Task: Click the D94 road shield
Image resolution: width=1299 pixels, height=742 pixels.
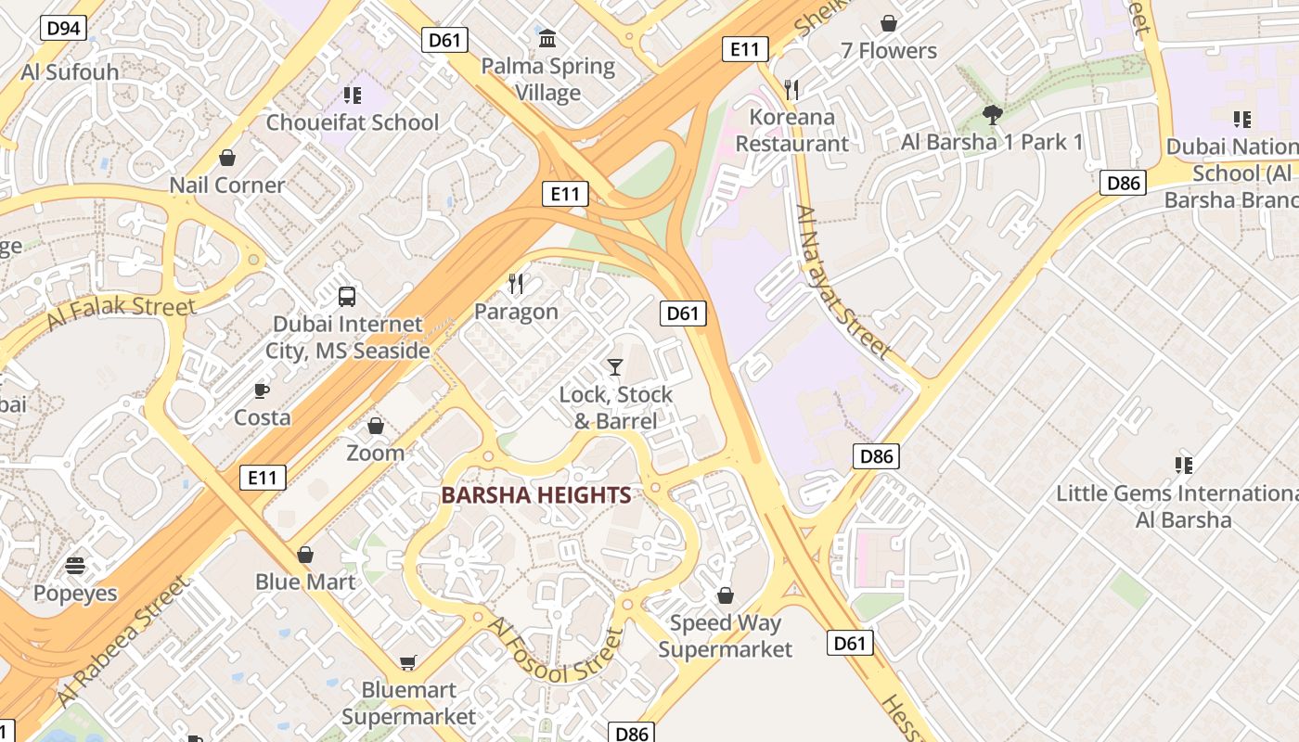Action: coord(63,28)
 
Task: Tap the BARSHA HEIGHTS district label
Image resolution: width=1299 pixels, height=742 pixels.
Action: coord(536,495)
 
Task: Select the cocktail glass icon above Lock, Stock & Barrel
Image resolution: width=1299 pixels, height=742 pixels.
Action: coord(614,367)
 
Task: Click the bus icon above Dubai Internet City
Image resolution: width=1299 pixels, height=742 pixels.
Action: coord(347,297)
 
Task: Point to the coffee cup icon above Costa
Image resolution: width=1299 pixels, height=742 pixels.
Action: coord(262,390)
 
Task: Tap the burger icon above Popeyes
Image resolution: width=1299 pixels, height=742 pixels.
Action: coord(75,566)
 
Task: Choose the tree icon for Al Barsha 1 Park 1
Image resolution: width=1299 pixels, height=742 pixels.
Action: coord(992,115)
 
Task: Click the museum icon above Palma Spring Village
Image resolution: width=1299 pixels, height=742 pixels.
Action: coord(547,39)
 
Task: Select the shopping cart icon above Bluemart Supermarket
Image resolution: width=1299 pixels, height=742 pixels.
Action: coord(408,662)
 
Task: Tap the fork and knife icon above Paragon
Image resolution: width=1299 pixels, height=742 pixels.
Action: coord(516,284)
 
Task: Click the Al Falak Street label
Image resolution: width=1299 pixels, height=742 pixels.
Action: coord(121,313)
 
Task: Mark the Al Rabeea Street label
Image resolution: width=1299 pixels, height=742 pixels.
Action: coord(123,640)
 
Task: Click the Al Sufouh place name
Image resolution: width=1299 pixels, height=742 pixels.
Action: coord(70,72)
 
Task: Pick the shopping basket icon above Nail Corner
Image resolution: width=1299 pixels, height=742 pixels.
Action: coord(226,158)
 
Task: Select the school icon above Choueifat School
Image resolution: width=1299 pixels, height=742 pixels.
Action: coord(352,95)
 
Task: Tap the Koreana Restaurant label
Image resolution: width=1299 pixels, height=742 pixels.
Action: coord(791,131)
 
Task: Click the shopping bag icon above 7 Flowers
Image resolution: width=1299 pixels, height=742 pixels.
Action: coord(889,23)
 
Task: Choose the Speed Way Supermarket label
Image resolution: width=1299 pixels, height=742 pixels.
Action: coord(726,636)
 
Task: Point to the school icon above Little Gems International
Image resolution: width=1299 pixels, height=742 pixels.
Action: coord(1183,465)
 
